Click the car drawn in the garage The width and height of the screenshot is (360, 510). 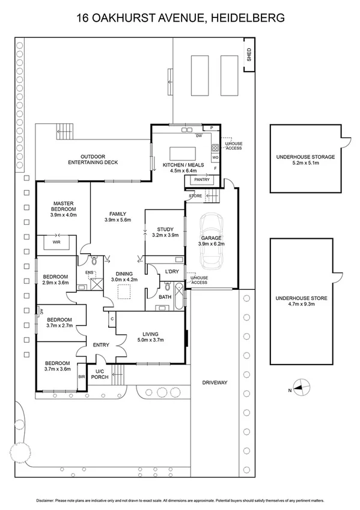[212, 241]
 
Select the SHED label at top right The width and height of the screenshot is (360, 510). [248, 56]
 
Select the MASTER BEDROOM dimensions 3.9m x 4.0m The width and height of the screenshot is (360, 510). [63, 214]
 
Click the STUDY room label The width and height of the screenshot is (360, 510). [165, 229]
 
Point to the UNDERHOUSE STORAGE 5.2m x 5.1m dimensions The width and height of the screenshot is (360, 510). [305, 163]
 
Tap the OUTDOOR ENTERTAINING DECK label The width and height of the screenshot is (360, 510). [93, 159]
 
